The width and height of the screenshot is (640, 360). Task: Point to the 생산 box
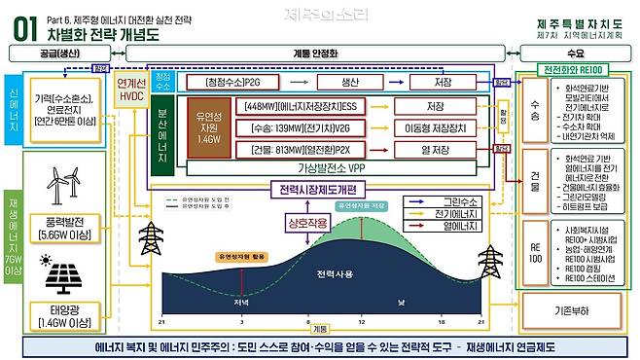[x=347, y=83]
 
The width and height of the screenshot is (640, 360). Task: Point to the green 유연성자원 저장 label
[x=363, y=206]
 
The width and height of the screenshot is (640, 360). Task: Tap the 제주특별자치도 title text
[x=581, y=23]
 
